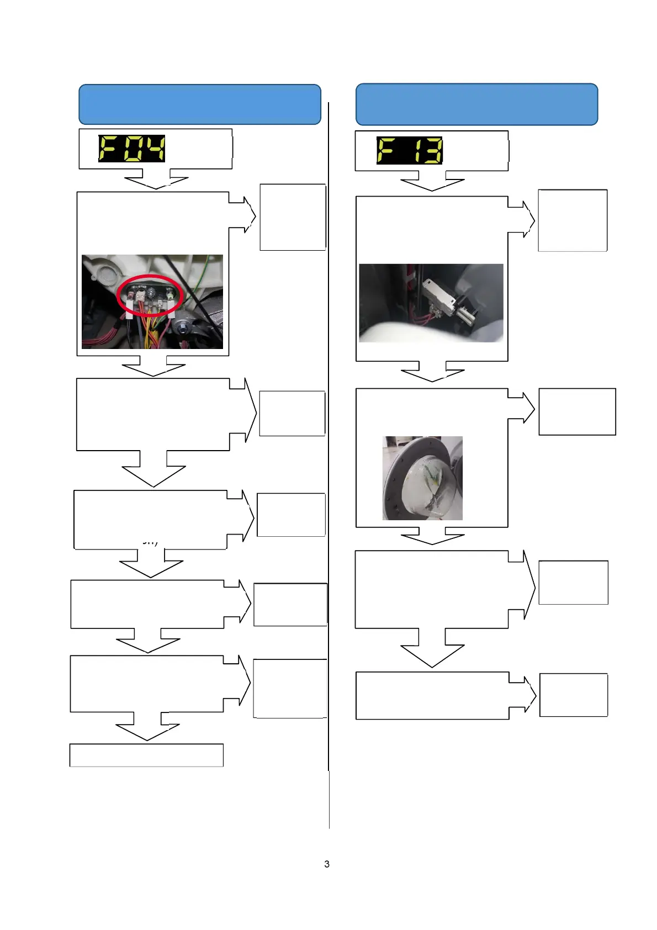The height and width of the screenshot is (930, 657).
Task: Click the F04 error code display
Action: tap(131, 149)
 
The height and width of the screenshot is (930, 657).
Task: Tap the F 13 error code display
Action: tap(409, 150)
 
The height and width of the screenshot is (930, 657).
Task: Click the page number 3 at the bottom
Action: tap(327, 864)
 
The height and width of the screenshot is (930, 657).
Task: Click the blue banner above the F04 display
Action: tap(199, 104)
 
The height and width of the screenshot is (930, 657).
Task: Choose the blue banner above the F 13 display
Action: tap(476, 104)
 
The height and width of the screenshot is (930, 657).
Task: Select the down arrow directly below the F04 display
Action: tap(156, 181)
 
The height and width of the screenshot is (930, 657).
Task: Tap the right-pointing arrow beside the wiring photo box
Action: tap(245, 214)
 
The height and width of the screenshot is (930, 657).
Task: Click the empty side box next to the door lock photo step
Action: tap(573, 220)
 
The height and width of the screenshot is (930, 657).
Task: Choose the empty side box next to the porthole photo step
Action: tap(577, 411)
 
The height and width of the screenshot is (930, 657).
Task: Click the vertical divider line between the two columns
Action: tap(328, 442)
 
